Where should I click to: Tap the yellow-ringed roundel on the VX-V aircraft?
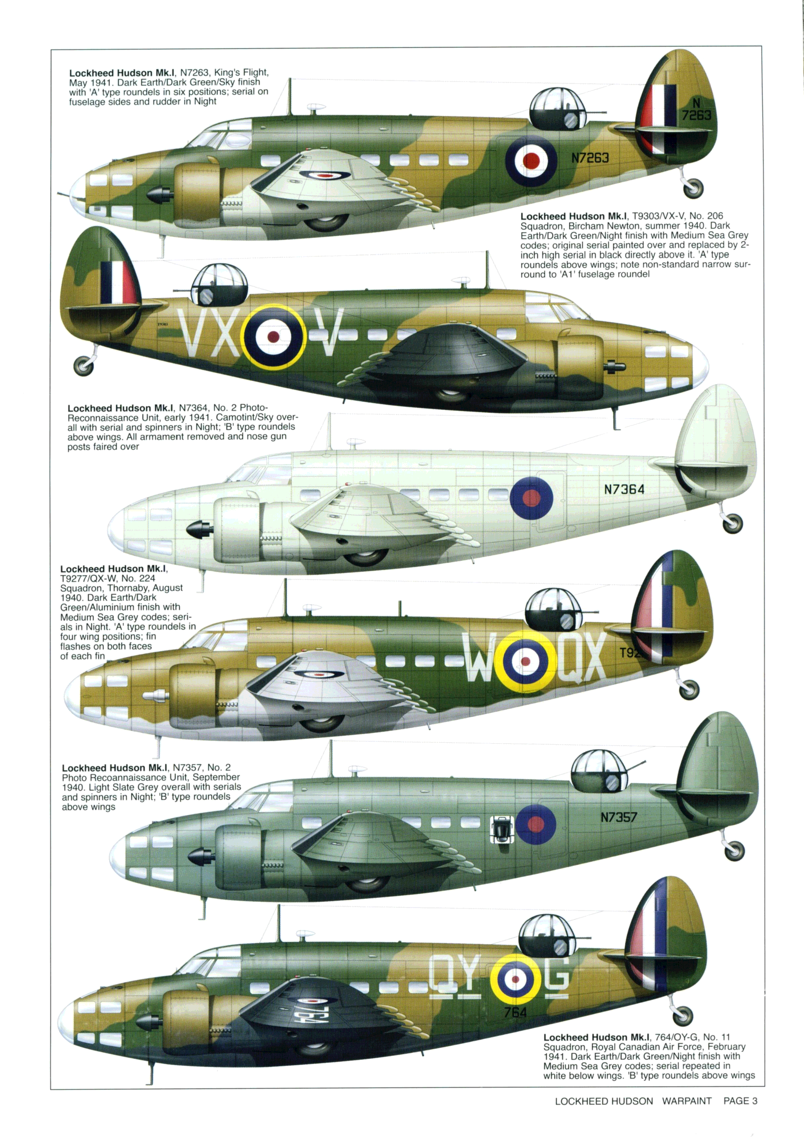[x=273, y=336]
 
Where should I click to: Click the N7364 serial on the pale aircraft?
[x=624, y=489]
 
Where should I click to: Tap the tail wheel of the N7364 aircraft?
[x=732, y=523]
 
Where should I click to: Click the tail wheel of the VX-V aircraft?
[x=84, y=366]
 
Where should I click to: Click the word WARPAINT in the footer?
[x=687, y=1111]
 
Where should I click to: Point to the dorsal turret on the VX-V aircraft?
[x=219, y=285]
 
